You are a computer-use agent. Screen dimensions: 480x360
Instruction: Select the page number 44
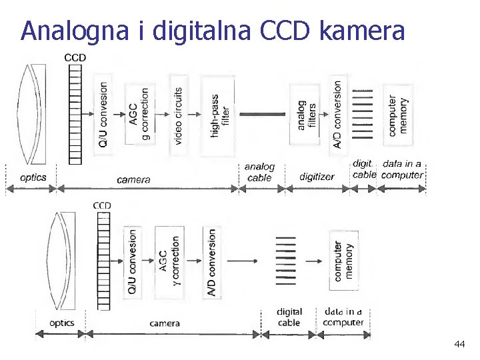coord(459,344)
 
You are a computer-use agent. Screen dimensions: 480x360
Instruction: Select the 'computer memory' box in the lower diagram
coord(343,261)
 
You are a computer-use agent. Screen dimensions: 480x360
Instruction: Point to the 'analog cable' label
coord(259,172)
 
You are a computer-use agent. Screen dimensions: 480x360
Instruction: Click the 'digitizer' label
coord(317,177)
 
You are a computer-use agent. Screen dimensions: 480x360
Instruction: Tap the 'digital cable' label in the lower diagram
coord(289,317)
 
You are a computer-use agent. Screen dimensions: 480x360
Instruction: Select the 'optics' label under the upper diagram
coord(33,177)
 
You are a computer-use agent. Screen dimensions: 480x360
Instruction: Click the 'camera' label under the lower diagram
coord(165,323)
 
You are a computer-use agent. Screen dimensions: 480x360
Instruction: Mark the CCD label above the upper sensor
coord(75,58)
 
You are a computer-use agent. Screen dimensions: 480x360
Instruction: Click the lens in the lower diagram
coord(59,261)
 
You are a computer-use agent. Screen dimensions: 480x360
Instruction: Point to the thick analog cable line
coord(262,115)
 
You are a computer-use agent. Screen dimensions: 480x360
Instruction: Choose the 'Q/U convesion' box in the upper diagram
coord(103,115)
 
